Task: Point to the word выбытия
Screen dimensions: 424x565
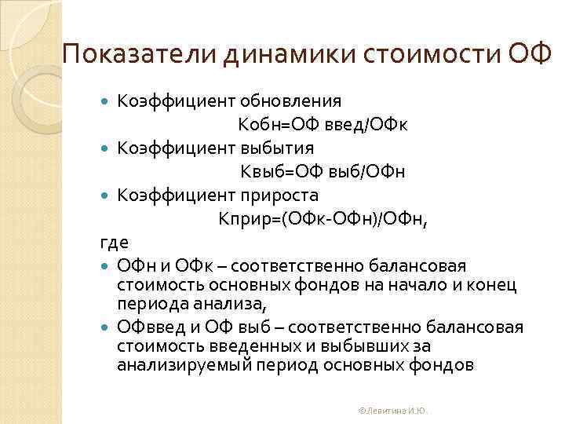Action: click(x=278, y=148)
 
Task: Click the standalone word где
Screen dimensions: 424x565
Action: click(x=114, y=243)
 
